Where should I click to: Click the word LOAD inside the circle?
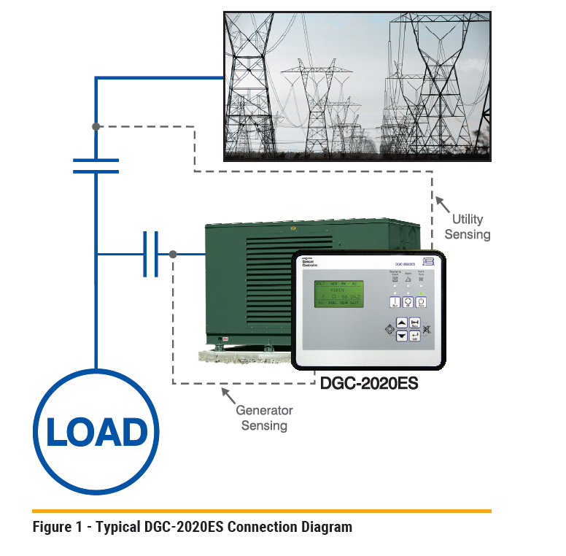point(96,432)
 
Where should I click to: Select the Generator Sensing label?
point(264,418)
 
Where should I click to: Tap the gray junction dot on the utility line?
point(96,127)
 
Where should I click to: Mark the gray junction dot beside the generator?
point(173,255)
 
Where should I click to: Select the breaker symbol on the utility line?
point(96,166)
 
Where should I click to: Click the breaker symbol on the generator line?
point(150,255)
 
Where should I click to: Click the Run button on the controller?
point(395,302)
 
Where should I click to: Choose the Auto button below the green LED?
point(422,302)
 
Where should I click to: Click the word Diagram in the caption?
point(325,527)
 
